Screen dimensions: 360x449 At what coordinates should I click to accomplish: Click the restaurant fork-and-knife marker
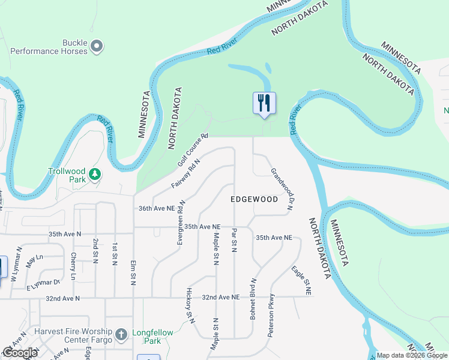[264, 103]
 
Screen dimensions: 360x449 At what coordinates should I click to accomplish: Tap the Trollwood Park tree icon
[94, 175]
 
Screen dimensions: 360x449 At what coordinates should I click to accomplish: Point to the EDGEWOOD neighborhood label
[255, 199]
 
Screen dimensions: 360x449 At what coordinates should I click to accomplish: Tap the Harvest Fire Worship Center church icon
[121, 334]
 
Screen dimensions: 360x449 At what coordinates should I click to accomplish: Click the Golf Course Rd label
[192, 150]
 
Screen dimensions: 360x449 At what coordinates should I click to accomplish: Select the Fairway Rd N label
[185, 173]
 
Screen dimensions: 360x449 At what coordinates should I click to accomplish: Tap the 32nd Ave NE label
[220, 297]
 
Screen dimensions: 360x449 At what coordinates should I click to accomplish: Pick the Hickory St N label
[190, 305]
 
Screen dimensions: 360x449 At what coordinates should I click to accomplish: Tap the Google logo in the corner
[20, 352]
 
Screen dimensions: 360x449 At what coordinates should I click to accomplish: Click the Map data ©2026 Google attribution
[412, 355]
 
